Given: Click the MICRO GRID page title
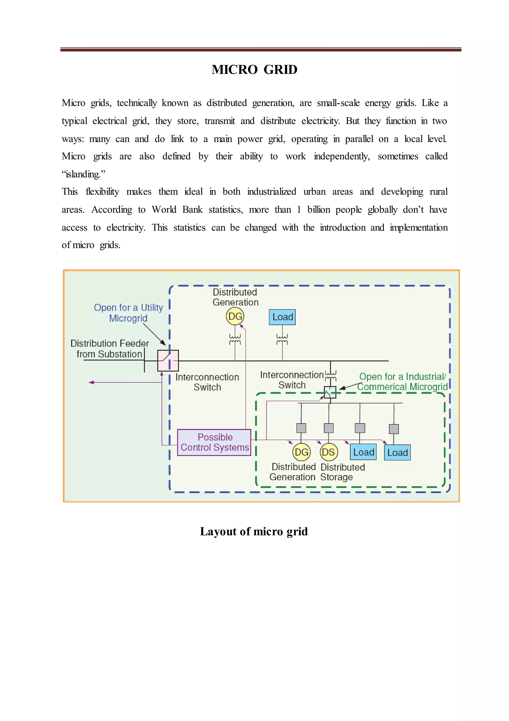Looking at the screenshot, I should (254, 69).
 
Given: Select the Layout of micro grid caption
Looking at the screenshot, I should (254, 531).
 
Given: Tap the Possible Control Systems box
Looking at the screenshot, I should (214, 442).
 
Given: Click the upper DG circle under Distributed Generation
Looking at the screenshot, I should (235, 316).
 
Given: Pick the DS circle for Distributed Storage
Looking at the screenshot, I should (329, 452).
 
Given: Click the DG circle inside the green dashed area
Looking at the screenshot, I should (301, 452).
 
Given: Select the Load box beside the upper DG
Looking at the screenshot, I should (282, 317).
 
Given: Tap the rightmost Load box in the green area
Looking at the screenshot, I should (397, 452).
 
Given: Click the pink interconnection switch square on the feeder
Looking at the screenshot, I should (168, 360).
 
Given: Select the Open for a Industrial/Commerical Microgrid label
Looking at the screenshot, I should (403, 382).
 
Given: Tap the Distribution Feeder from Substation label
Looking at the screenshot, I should (109, 349).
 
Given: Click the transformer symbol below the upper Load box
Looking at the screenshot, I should (282, 339).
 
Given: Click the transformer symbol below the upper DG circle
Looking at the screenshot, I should (235, 339).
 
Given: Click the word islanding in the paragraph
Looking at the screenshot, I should (83, 174).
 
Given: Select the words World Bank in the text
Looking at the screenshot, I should (177, 209).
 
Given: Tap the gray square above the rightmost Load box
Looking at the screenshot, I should (394, 429).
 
